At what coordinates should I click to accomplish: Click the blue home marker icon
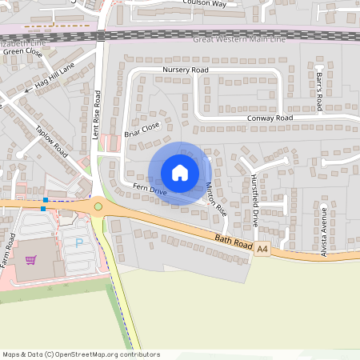point(180,172)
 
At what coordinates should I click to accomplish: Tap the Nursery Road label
point(185,70)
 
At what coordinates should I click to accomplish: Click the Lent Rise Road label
point(96,115)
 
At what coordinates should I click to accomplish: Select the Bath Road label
point(234,241)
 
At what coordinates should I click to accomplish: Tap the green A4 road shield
point(262,250)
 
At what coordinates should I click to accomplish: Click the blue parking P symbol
point(78,242)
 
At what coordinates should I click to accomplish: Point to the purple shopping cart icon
point(31,259)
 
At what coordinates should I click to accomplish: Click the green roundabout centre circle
point(98,207)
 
